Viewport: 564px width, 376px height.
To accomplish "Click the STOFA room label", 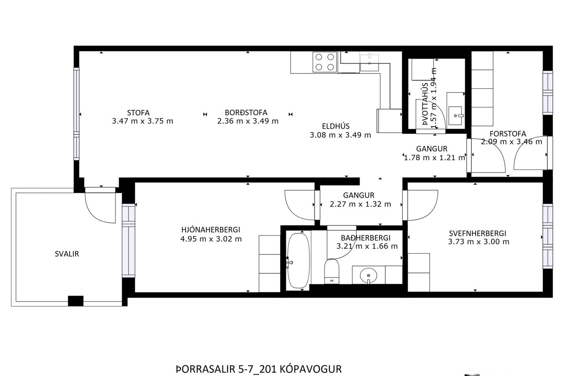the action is (x=138, y=113).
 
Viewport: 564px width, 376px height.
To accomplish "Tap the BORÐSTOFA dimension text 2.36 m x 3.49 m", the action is (x=248, y=121).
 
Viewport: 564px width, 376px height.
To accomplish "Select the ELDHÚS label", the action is (x=336, y=126).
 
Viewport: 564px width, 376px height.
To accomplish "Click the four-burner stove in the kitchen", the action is (x=325, y=62).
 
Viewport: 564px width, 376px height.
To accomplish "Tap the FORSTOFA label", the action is (x=508, y=134).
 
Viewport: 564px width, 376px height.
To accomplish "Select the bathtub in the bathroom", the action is (x=298, y=261).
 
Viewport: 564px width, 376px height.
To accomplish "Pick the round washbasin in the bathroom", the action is (x=368, y=276).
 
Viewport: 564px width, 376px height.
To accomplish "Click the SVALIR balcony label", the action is (x=67, y=254).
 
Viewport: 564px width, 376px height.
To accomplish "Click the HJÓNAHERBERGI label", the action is (x=211, y=230).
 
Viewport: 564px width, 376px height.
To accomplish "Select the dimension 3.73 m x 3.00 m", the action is (x=479, y=242).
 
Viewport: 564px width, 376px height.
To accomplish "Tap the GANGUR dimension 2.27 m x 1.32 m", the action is (x=360, y=204).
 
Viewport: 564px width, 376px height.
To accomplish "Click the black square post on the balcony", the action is (x=76, y=301).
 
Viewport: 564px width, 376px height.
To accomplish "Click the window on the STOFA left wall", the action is (x=76, y=114).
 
